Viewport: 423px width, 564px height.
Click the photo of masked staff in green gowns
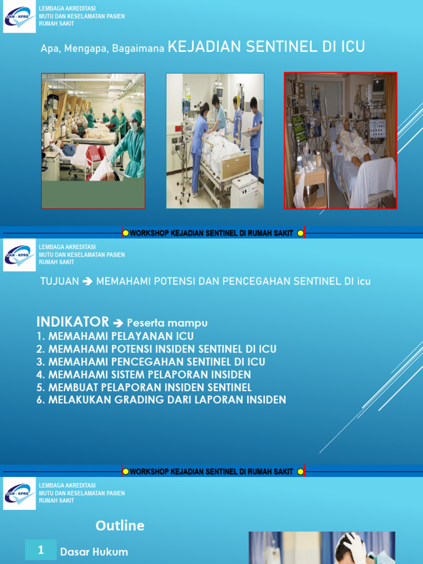(x=93, y=141)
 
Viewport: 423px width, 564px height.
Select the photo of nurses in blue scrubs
(x=215, y=141)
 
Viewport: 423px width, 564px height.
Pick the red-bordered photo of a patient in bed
(x=340, y=141)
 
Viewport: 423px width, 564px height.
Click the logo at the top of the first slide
(x=19, y=17)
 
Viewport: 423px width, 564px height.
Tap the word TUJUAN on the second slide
(x=59, y=281)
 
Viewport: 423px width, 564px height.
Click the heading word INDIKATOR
(x=72, y=322)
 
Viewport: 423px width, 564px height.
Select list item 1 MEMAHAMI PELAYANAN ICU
(x=115, y=336)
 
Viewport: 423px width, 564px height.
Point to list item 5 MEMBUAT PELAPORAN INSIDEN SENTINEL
(x=144, y=387)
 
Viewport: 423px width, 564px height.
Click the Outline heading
(x=120, y=525)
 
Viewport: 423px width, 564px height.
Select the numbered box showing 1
(x=41, y=550)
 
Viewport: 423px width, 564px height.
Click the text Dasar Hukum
(x=94, y=552)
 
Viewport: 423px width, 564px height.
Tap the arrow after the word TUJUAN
(x=88, y=281)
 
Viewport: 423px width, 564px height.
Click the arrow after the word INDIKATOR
(x=117, y=323)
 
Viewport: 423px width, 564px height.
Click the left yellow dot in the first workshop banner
(x=126, y=233)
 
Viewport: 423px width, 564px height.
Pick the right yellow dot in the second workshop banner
(x=300, y=471)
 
